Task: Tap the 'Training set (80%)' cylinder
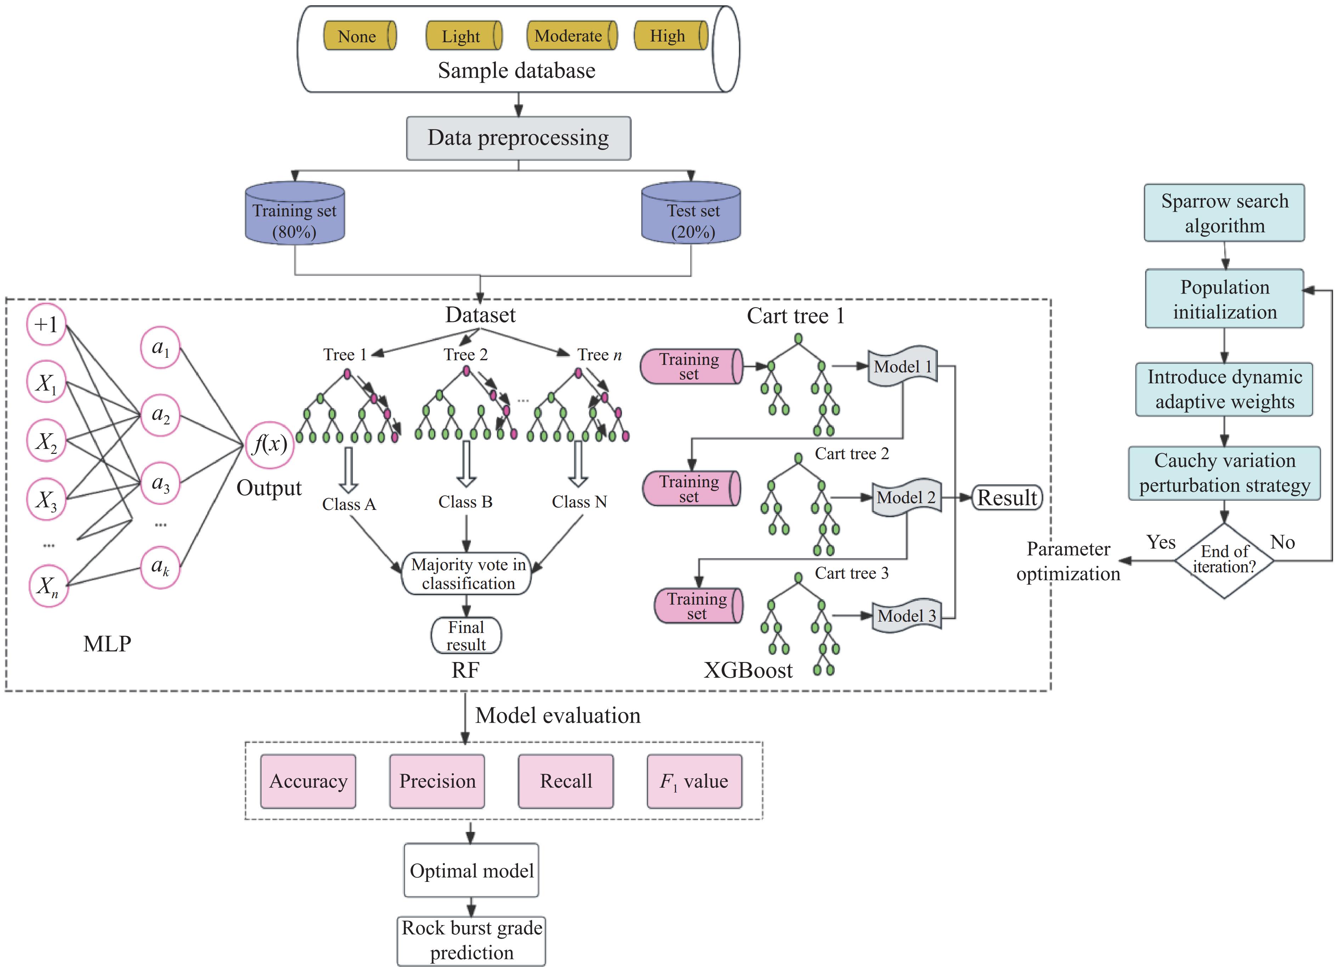click(x=294, y=214)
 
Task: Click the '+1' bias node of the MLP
click(x=46, y=324)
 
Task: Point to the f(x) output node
click(x=270, y=444)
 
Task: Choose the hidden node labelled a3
click(x=160, y=483)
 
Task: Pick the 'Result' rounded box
click(x=1007, y=497)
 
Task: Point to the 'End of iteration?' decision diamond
click(x=1224, y=560)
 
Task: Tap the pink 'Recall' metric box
click(x=566, y=781)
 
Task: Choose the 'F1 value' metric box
click(x=694, y=781)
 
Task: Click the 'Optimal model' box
click(x=471, y=870)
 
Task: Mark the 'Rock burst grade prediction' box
click(x=471, y=940)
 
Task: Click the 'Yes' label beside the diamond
click(x=1161, y=542)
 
